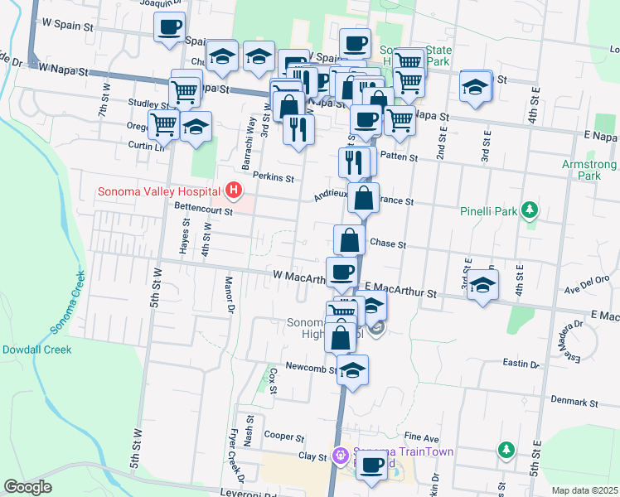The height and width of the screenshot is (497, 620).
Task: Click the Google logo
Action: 27,487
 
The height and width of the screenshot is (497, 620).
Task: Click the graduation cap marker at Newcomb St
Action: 352,369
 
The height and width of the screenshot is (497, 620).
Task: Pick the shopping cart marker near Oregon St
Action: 164,124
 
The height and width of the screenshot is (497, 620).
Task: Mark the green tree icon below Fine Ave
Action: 506,450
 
